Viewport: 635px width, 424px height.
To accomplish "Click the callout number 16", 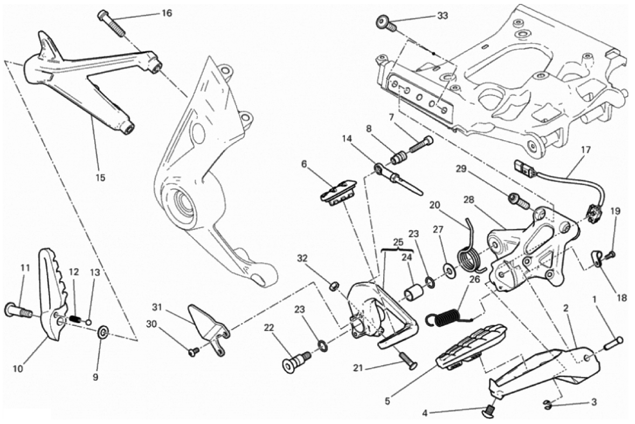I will pos(167,13).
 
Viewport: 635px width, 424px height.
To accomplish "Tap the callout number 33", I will pos(442,16).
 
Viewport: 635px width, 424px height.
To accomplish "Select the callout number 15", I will pos(100,177).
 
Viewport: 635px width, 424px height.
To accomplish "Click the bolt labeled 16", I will pos(112,24).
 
